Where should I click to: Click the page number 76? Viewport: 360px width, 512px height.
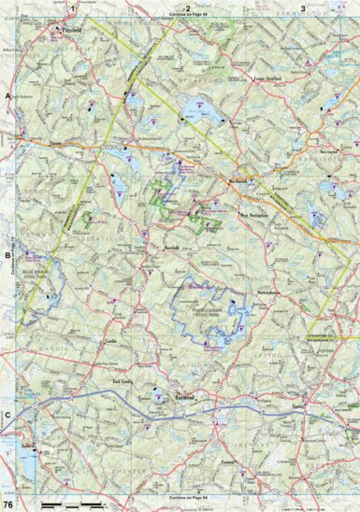(8, 505)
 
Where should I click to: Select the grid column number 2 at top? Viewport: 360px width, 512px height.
(188, 8)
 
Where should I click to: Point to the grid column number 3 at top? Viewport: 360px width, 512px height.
(303, 8)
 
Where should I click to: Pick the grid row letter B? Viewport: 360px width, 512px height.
(7, 254)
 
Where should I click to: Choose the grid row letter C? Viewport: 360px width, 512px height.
(7, 415)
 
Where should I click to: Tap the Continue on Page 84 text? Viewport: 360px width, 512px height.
(188, 495)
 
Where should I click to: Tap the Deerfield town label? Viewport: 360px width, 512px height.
(144, 248)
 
